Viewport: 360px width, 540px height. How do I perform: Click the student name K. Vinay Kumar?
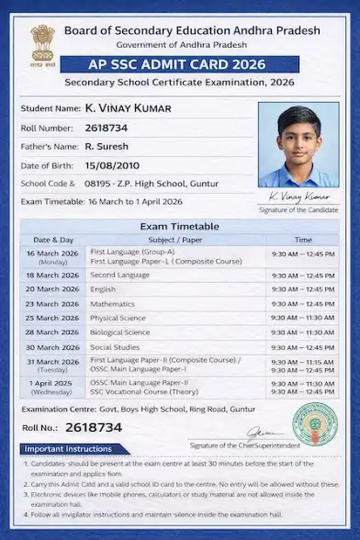pos(127,108)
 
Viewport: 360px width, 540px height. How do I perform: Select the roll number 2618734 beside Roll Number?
pos(106,128)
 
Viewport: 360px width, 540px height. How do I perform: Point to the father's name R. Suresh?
pos(107,146)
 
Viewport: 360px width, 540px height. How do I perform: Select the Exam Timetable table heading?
pos(179,226)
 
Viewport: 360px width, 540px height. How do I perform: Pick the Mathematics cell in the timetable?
pos(112,303)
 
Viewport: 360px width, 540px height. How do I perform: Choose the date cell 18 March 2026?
pos(52,275)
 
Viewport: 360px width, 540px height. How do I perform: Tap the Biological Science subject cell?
pos(119,332)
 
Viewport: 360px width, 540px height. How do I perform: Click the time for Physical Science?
pos(302,318)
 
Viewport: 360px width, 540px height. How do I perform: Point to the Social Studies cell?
pos(115,347)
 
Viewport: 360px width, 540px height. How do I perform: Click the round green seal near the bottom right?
pos(313,424)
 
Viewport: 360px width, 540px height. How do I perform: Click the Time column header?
pos(302,240)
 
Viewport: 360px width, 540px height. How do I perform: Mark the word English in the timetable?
pos(103,288)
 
